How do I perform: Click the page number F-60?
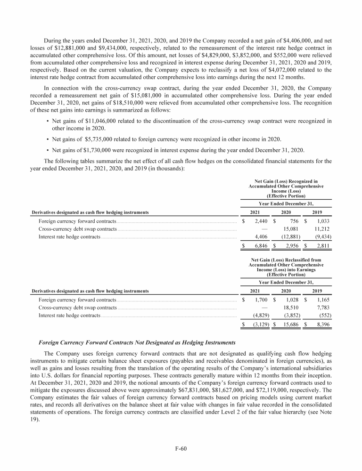coord(181,448)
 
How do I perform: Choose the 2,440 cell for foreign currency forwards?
coord(261,220)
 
